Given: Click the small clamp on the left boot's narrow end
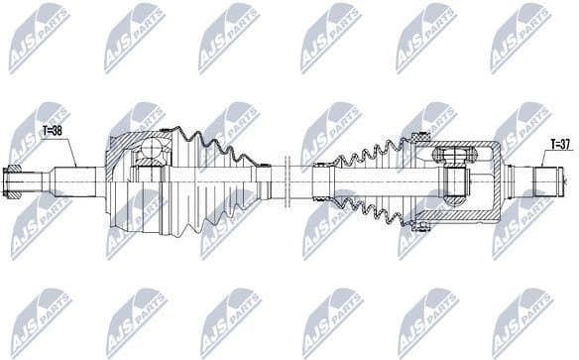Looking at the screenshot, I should point(264,179).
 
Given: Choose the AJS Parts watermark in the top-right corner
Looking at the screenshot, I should point(522,37).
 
